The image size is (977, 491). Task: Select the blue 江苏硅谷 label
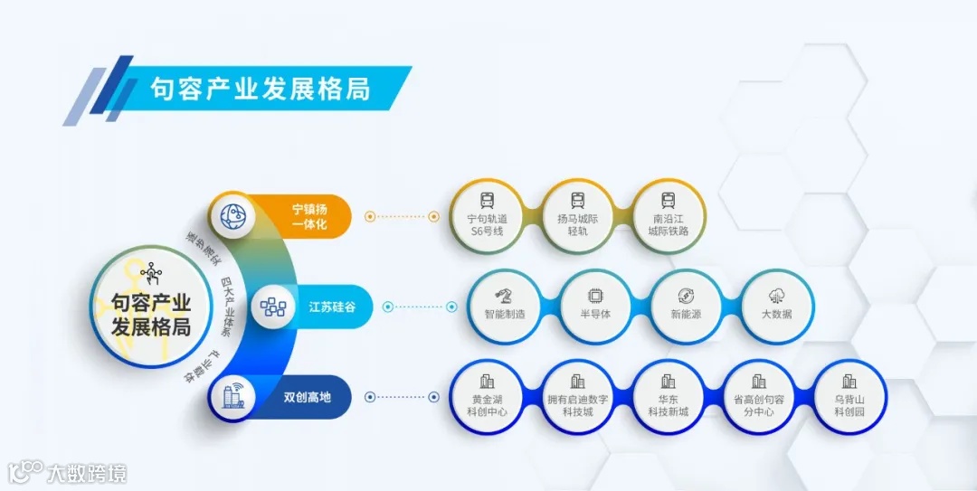pos(331,307)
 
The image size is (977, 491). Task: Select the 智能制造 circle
pos(505,306)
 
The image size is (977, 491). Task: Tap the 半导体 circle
pos(595,306)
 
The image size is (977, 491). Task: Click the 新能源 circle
pos(687,306)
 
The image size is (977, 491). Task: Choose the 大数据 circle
pos(777,306)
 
